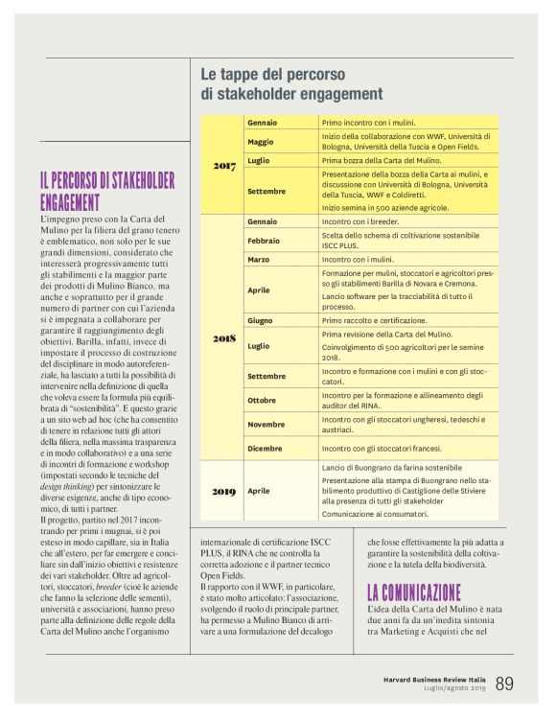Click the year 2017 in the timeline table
pyautogui.click(x=223, y=167)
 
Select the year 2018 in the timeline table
pyautogui.click(x=223, y=338)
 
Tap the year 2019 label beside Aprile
pyautogui.click(x=223, y=491)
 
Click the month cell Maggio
pyautogui.click(x=261, y=142)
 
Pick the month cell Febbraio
pyautogui.click(x=264, y=241)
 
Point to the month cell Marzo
pyautogui.click(x=259, y=260)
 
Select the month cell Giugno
pyautogui.click(x=261, y=320)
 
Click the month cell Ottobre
pyautogui.click(x=262, y=400)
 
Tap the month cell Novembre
pyautogui.click(x=266, y=424)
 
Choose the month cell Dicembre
pyautogui.click(x=265, y=448)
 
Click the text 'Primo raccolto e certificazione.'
pyautogui.click(x=375, y=320)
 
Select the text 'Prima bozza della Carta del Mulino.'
pyautogui.click(x=382, y=161)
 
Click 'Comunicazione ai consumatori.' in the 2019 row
pyautogui.click(x=375, y=514)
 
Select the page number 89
pyautogui.click(x=504, y=683)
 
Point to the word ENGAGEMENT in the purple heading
pyautogui.click(x=70, y=202)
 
